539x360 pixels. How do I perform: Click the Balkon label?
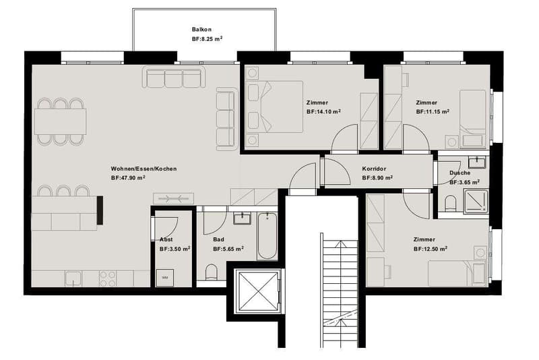tap(201, 30)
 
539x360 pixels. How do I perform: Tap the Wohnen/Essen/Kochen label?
tap(144, 169)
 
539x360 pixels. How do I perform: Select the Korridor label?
tap(374, 169)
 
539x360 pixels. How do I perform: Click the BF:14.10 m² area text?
tap(323, 111)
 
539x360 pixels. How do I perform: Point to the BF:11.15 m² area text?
tap(433, 111)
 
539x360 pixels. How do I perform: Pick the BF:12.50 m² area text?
tap(431, 249)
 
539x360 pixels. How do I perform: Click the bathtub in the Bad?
tap(267, 235)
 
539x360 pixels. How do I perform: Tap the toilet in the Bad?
tap(212, 272)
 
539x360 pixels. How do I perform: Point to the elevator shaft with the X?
tap(257, 292)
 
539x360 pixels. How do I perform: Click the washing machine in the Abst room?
tap(164, 278)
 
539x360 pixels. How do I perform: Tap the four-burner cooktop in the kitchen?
tap(108, 278)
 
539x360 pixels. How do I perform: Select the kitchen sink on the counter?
tap(73, 278)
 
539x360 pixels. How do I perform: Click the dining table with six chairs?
tap(60, 121)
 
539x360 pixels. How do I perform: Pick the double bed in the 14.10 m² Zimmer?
tap(275, 107)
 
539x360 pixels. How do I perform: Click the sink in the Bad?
tap(243, 218)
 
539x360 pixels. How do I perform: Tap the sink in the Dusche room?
tap(477, 162)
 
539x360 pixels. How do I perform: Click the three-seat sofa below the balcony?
tap(174, 77)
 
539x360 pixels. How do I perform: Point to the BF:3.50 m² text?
tap(175, 249)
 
